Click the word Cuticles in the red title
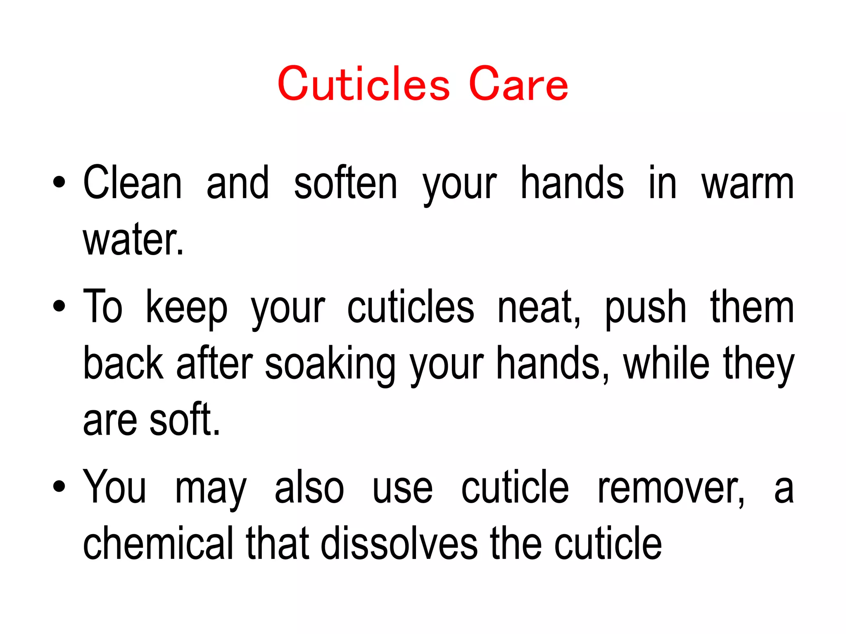tap(364, 84)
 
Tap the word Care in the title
tap(518, 84)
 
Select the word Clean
tap(132, 183)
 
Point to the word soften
tap(345, 183)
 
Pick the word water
tap(133, 240)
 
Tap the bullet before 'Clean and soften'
tap(59, 182)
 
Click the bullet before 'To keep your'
tap(59, 306)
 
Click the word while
tap(666, 363)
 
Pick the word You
tap(114, 487)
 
